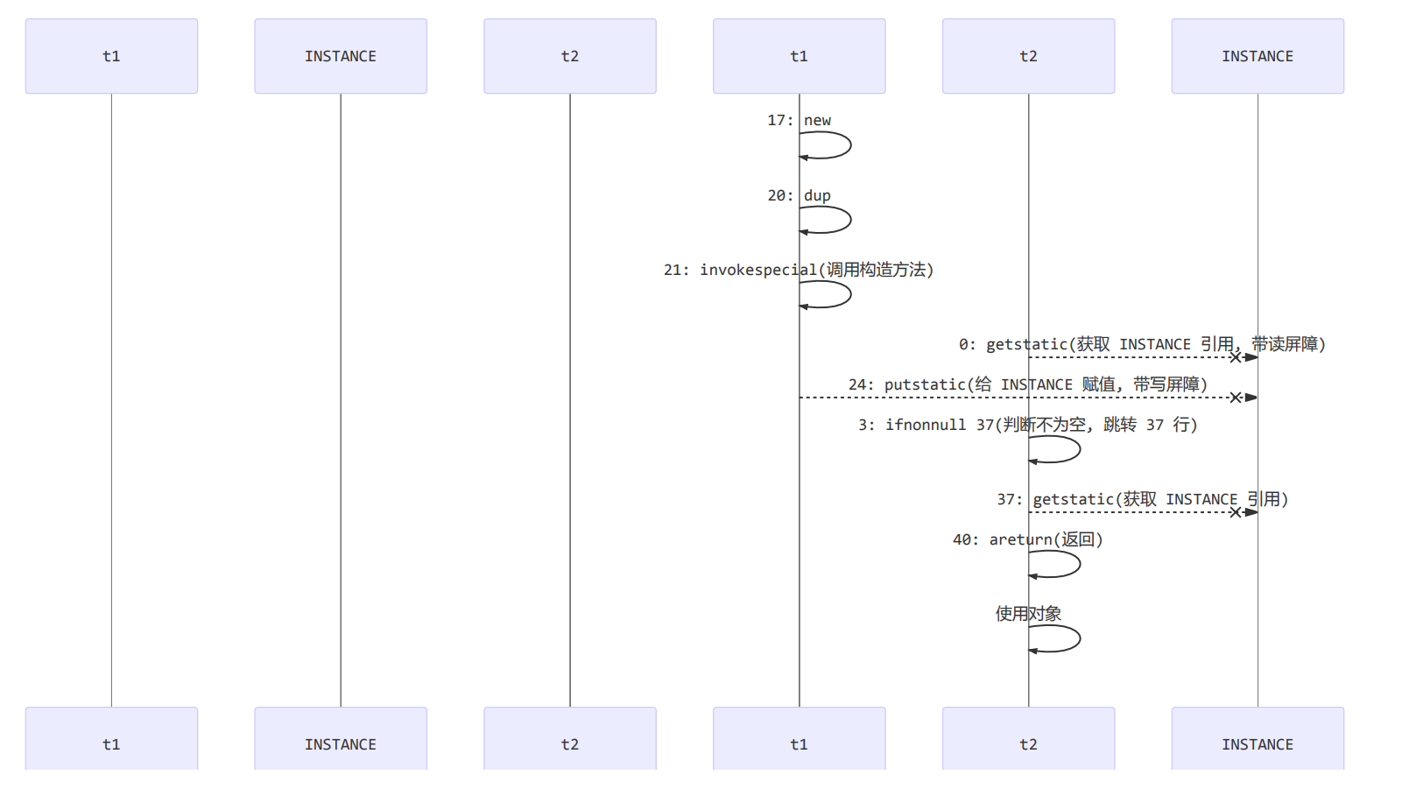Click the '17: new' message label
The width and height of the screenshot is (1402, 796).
click(x=799, y=120)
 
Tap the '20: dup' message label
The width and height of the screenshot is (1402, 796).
click(x=799, y=195)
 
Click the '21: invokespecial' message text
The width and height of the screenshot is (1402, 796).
click(x=799, y=270)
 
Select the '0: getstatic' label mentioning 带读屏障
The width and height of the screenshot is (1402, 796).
click(x=1142, y=344)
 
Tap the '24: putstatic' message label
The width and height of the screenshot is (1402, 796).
click(x=1027, y=384)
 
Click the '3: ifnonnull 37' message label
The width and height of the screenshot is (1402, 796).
click(x=1027, y=425)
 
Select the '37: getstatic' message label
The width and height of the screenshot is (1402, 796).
click(x=1142, y=499)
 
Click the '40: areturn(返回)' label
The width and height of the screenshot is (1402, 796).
click(x=1027, y=539)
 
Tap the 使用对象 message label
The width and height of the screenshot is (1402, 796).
click(x=1028, y=614)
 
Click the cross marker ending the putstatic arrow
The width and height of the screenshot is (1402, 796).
click(x=1236, y=398)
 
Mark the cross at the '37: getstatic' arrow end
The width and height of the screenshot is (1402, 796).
click(x=1236, y=512)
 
